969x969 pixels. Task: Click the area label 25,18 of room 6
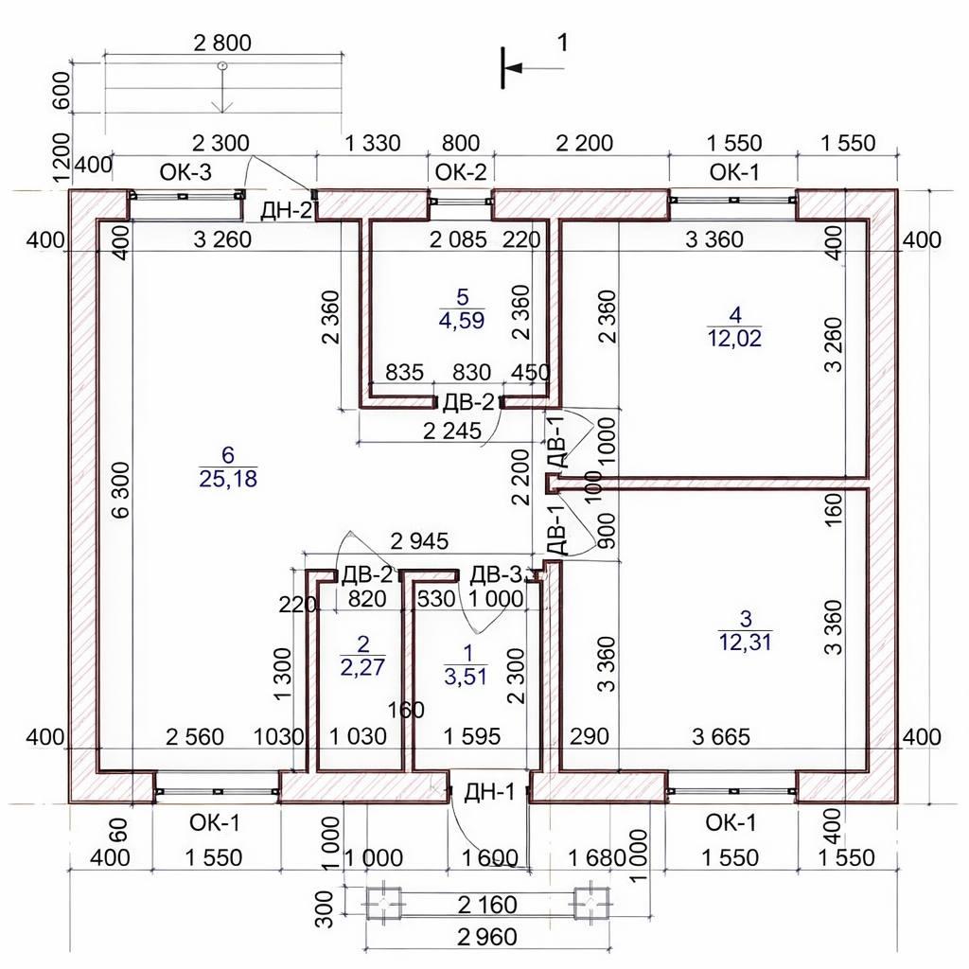click(228, 478)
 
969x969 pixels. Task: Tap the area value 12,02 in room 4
click(734, 338)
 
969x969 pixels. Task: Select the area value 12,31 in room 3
click(746, 643)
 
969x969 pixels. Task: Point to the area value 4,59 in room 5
click(462, 320)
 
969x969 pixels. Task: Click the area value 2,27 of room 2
click(362, 667)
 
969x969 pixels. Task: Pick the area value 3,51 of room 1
click(466, 676)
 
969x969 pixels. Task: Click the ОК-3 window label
click(185, 172)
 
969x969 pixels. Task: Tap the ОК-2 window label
click(461, 172)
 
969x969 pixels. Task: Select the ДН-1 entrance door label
click(489, 792)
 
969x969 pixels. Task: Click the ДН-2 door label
click(287, 211)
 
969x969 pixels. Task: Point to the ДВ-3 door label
click(496, 575)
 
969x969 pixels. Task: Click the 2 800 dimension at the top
click(222, 43)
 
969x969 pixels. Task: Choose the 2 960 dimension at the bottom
click(487, 938)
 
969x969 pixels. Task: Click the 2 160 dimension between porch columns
click(487, 905)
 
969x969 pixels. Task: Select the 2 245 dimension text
click(451, 431)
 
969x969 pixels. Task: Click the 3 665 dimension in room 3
click(720, 736)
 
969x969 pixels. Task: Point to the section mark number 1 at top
click(562, 43)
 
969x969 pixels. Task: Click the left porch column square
click(384, 904)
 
